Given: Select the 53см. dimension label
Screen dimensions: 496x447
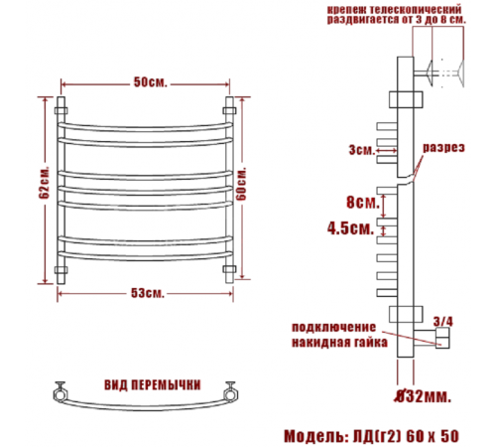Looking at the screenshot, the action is coord(148,293).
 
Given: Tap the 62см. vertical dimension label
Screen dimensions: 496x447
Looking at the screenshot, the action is coord(45,183).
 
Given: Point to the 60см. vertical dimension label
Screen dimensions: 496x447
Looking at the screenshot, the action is coord(242,184).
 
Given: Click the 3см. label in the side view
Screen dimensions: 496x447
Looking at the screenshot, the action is coord(362,150).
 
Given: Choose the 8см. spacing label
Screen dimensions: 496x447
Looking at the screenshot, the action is coord(363,202).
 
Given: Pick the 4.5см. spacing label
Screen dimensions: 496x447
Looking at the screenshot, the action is coord(350,228).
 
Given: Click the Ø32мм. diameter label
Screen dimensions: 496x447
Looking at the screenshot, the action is coord(423,396).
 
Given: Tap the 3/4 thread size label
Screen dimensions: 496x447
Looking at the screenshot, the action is coord(443,321).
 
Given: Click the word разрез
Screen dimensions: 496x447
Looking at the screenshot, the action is coord(443,147).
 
